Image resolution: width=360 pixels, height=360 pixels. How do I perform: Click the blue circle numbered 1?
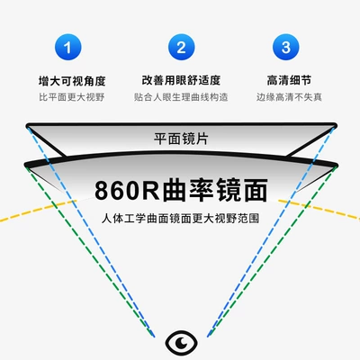pyautogui.click(x=67, y=47)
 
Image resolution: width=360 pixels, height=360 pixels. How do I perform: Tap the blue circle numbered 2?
pyautogui.click(x=181, y=47)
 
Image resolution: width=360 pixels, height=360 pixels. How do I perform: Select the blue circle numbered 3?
pyautogui.click(x=285, y=47)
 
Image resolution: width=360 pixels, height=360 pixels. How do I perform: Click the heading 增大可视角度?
pyautogui.click(x=72, y=81)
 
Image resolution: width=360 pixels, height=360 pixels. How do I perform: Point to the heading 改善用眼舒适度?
pyautogui.click(x=181, y=80)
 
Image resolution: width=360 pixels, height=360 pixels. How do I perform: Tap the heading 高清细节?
pyautogui.click(x=289, y=80)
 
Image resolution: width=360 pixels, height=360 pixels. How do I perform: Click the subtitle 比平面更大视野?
pyautogui.click(x=72, y=97)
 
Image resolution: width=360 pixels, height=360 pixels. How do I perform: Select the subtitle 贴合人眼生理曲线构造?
pyautogui.click(x=181, y=97)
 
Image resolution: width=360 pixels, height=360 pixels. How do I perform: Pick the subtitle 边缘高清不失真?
pyautogui.click(x=289, y=97)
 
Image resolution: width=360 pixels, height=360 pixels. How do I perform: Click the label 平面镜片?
pyautogui.click(x=181, y=139)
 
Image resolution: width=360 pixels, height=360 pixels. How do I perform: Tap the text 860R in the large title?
pyautogui.click(x=127, y=190)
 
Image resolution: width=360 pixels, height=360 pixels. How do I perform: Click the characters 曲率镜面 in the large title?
pyautogui.click(x=215, y=190)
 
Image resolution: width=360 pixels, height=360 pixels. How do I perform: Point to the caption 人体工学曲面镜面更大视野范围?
pyautogui.click(x=180, y=218)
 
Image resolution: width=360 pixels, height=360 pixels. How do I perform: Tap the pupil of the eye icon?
pyautogui.click(x=181, y=342)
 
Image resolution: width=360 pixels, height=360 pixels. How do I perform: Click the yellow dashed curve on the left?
pyautogui.click(x=38, y=210)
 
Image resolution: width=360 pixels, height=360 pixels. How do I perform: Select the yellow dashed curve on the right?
pyautogui.click(x=319, y=209)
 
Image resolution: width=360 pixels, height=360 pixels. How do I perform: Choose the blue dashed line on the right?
pyautogui.click(x=270, y=231)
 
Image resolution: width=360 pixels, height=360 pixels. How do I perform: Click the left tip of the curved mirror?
pyautogui.click(x=25, y=165)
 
